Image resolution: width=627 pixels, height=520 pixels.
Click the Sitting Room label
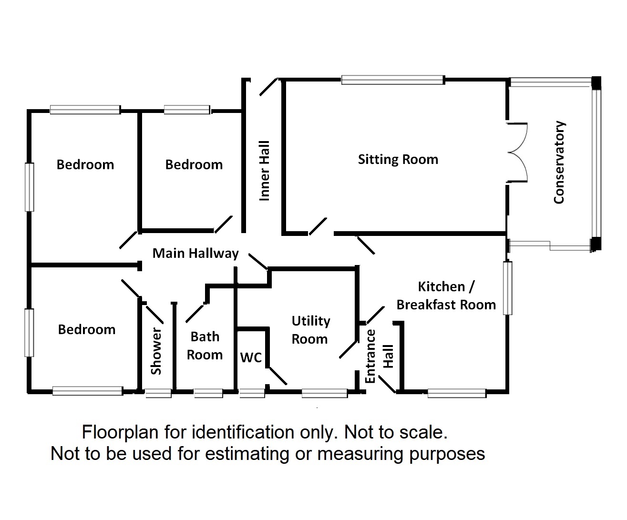pyautogui.click(x=398, y=159)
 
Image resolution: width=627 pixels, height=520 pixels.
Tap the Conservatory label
pyautogui.click(x=559, y=163)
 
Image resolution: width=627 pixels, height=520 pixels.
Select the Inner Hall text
pyautogui.click(x=264, y=171)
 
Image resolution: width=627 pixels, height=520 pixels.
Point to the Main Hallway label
pyautogui.click(x=195, y=254)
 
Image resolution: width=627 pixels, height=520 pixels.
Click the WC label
pyautogui.click(x=251, y=357)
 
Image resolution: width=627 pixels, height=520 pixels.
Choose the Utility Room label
pyautogui.click(x=311, y=330)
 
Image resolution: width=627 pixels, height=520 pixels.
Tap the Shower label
pyautogui.click(x=156, y=351)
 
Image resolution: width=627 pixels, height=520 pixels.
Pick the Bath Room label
pyautogui.click(x=205, y=346)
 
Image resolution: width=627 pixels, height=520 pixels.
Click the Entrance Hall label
pyautogui.click(x=379, y=357)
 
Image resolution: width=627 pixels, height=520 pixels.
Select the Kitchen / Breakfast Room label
pyautogui.click(x=446, y=296)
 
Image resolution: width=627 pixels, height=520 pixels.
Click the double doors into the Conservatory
pyautogui.click(x=517, y=153)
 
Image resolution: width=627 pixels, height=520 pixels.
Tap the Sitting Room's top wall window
pyautogui.click(x=393, y=80)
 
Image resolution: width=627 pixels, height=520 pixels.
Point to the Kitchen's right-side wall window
pyautogui.click(x=507, y=288)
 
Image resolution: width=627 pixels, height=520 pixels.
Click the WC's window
pyautogui.click(x=252, y=393)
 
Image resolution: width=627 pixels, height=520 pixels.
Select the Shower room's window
pyautogui.click(x=158, y=393)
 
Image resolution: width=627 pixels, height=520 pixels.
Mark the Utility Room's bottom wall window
pyautogui.click(x=325, y=393)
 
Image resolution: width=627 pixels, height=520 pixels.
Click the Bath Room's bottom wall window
pyautogui.click(x=208, y=393)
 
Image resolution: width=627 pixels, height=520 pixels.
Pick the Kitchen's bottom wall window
pyautogui.click(x=457, y=393)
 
